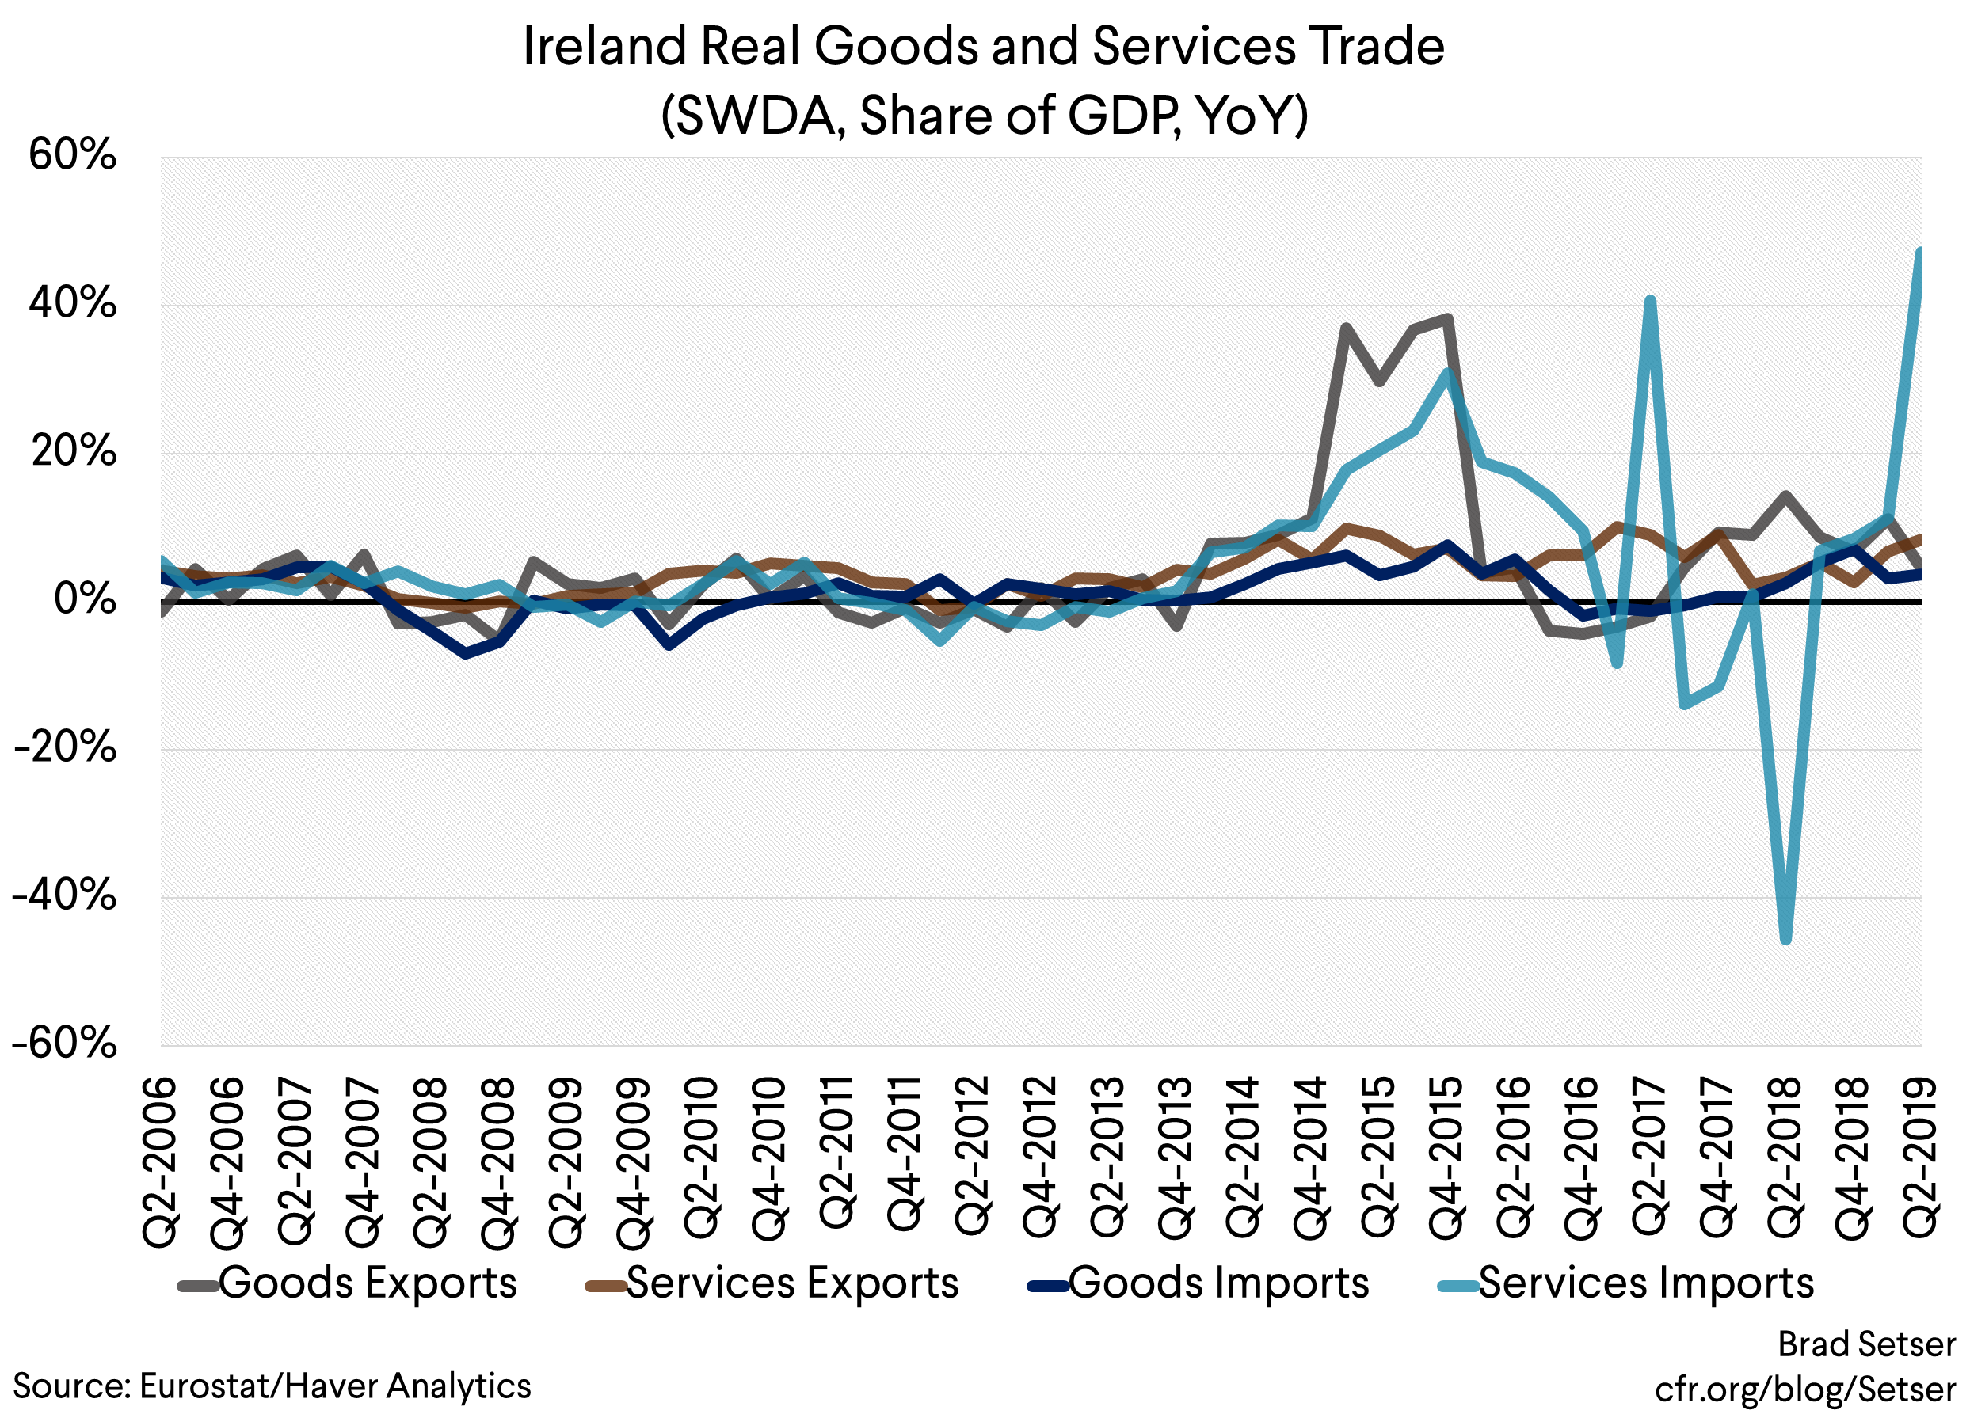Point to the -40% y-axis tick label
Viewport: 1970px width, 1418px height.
(x=64, y=895)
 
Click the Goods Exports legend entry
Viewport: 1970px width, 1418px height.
(x=348, y=1283)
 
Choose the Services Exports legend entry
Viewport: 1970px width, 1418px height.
(x=773, y=1283)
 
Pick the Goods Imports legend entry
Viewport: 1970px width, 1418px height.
(x=1198, y=1283)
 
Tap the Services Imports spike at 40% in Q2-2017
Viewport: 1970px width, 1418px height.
(x=1650, y=300)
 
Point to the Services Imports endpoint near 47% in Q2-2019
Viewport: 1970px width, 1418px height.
(x=1919, y=252)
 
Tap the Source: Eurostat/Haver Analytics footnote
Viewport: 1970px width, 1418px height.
(x=272, y=1386)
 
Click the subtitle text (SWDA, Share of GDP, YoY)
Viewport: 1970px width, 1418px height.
(x=984, y=116)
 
